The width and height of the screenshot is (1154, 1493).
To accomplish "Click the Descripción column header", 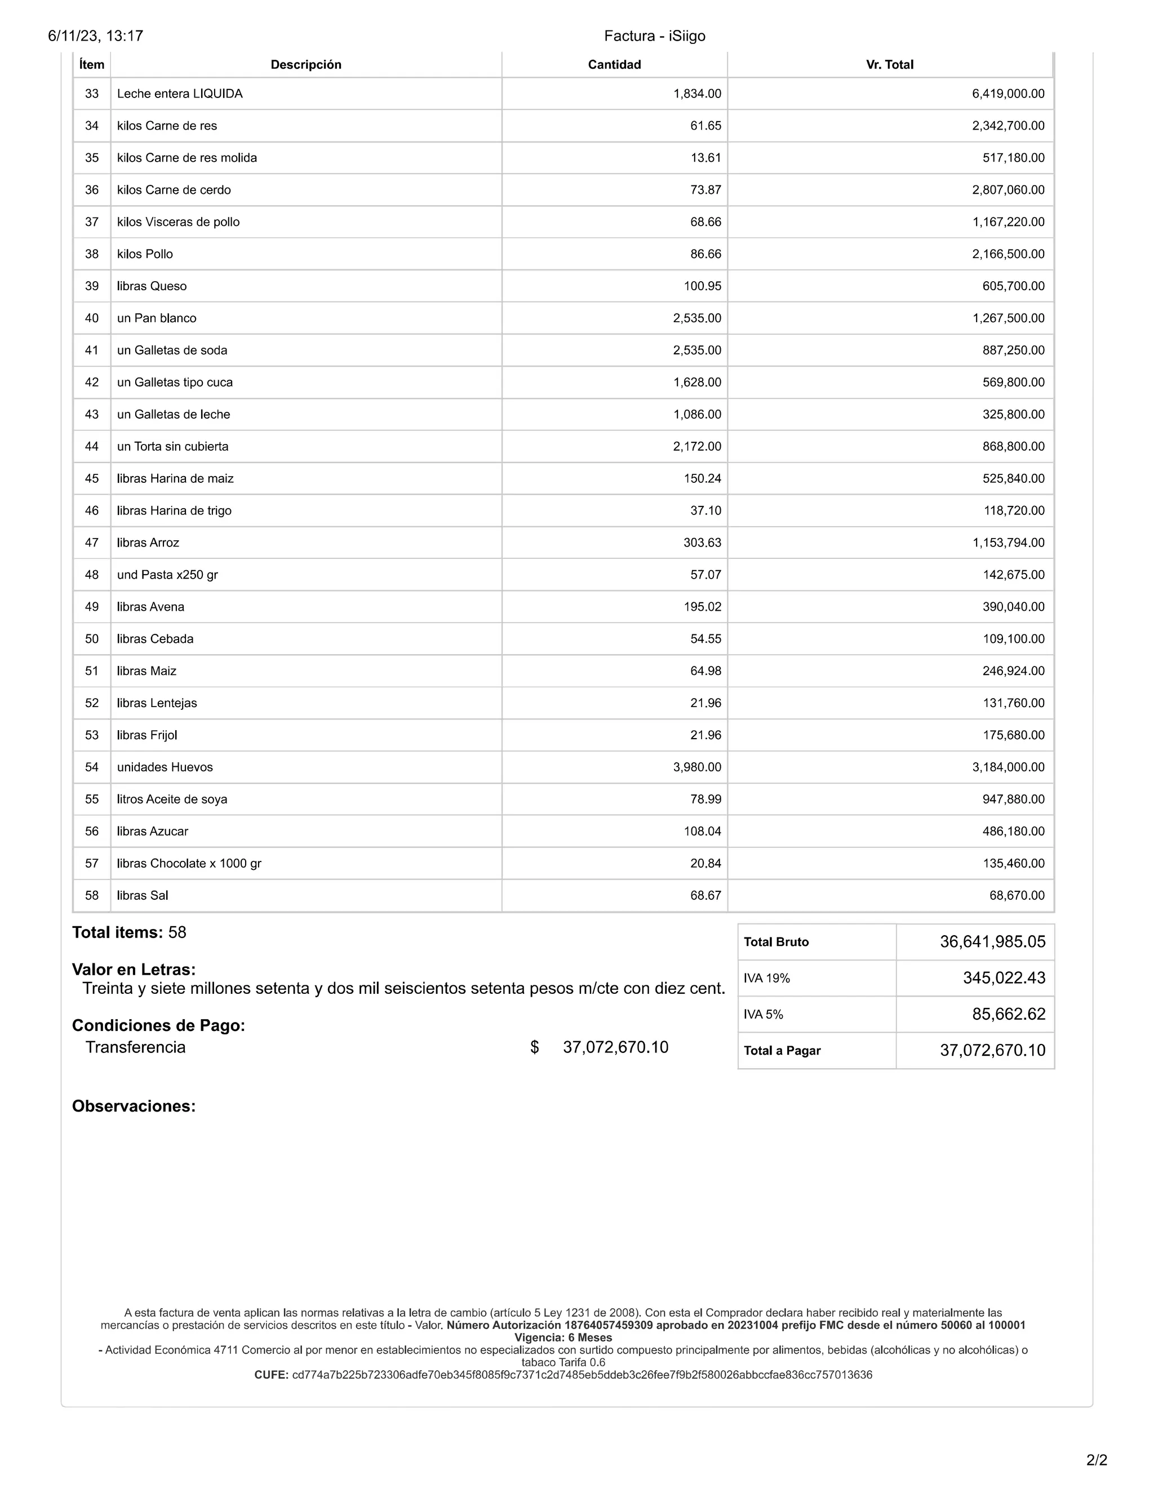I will [305, 64].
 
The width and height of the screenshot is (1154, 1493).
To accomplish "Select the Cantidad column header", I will [614, 64].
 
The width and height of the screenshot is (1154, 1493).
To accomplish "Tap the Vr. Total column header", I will [889, 64].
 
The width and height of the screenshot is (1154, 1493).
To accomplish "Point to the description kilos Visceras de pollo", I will [179, 222].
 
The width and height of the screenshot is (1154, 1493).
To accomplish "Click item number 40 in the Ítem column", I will [92, 318].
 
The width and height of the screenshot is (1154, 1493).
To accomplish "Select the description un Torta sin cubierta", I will [173, 446].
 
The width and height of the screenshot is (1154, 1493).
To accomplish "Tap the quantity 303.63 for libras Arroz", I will [702, 543].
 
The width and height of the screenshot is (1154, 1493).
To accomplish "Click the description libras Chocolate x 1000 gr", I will [189, 863].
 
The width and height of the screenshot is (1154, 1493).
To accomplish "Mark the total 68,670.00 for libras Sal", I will [1017, 896].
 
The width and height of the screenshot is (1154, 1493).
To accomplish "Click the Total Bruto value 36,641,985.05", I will [992, 942].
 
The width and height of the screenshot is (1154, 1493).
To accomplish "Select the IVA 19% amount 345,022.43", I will [1004, 978].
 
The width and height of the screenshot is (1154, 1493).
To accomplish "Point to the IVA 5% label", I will [764, 1015].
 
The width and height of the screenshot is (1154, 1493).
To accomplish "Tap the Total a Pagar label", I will [782, 1051].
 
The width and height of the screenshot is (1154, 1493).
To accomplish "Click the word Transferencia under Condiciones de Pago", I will [135, 1047].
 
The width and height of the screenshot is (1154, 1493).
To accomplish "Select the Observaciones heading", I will [134, 1106].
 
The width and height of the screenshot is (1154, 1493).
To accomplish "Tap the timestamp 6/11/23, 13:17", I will [96, 35].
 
